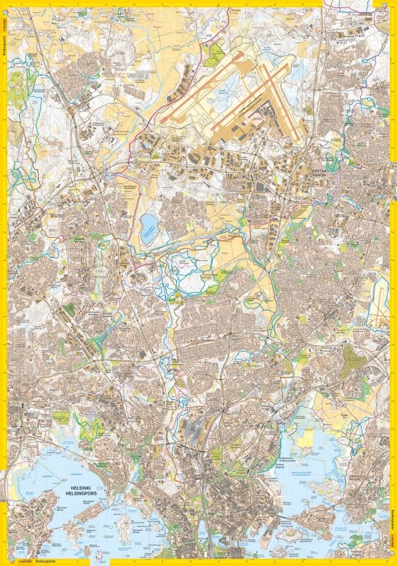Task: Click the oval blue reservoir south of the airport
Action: (x=149, y=228)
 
